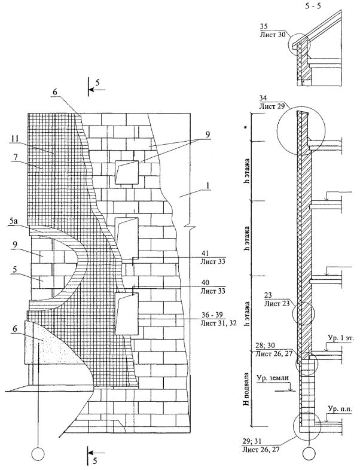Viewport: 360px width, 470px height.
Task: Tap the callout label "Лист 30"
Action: coord(273,34)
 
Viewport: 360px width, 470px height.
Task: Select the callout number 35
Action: coord(266,26)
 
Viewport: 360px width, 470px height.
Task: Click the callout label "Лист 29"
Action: coord(273,106)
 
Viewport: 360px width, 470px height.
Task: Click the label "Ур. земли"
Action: coord(270,379)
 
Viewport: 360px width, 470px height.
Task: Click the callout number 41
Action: coord(205,253)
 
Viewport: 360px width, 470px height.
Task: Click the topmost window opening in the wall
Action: coord(127,172)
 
